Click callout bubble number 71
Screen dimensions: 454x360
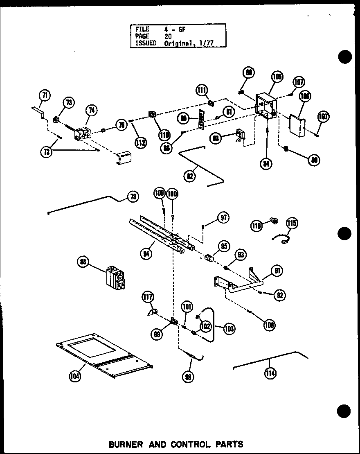[45, 96]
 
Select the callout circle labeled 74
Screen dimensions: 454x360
[91, 109]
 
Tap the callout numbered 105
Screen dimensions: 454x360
[277, 77]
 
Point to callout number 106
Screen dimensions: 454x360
[305, 97]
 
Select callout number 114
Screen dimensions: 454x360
[270, 373]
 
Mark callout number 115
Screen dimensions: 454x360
[292, 223]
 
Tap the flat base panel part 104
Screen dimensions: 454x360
[104, 354]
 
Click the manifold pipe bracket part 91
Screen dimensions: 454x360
[237, 284]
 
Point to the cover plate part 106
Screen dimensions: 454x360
[297, 125]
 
